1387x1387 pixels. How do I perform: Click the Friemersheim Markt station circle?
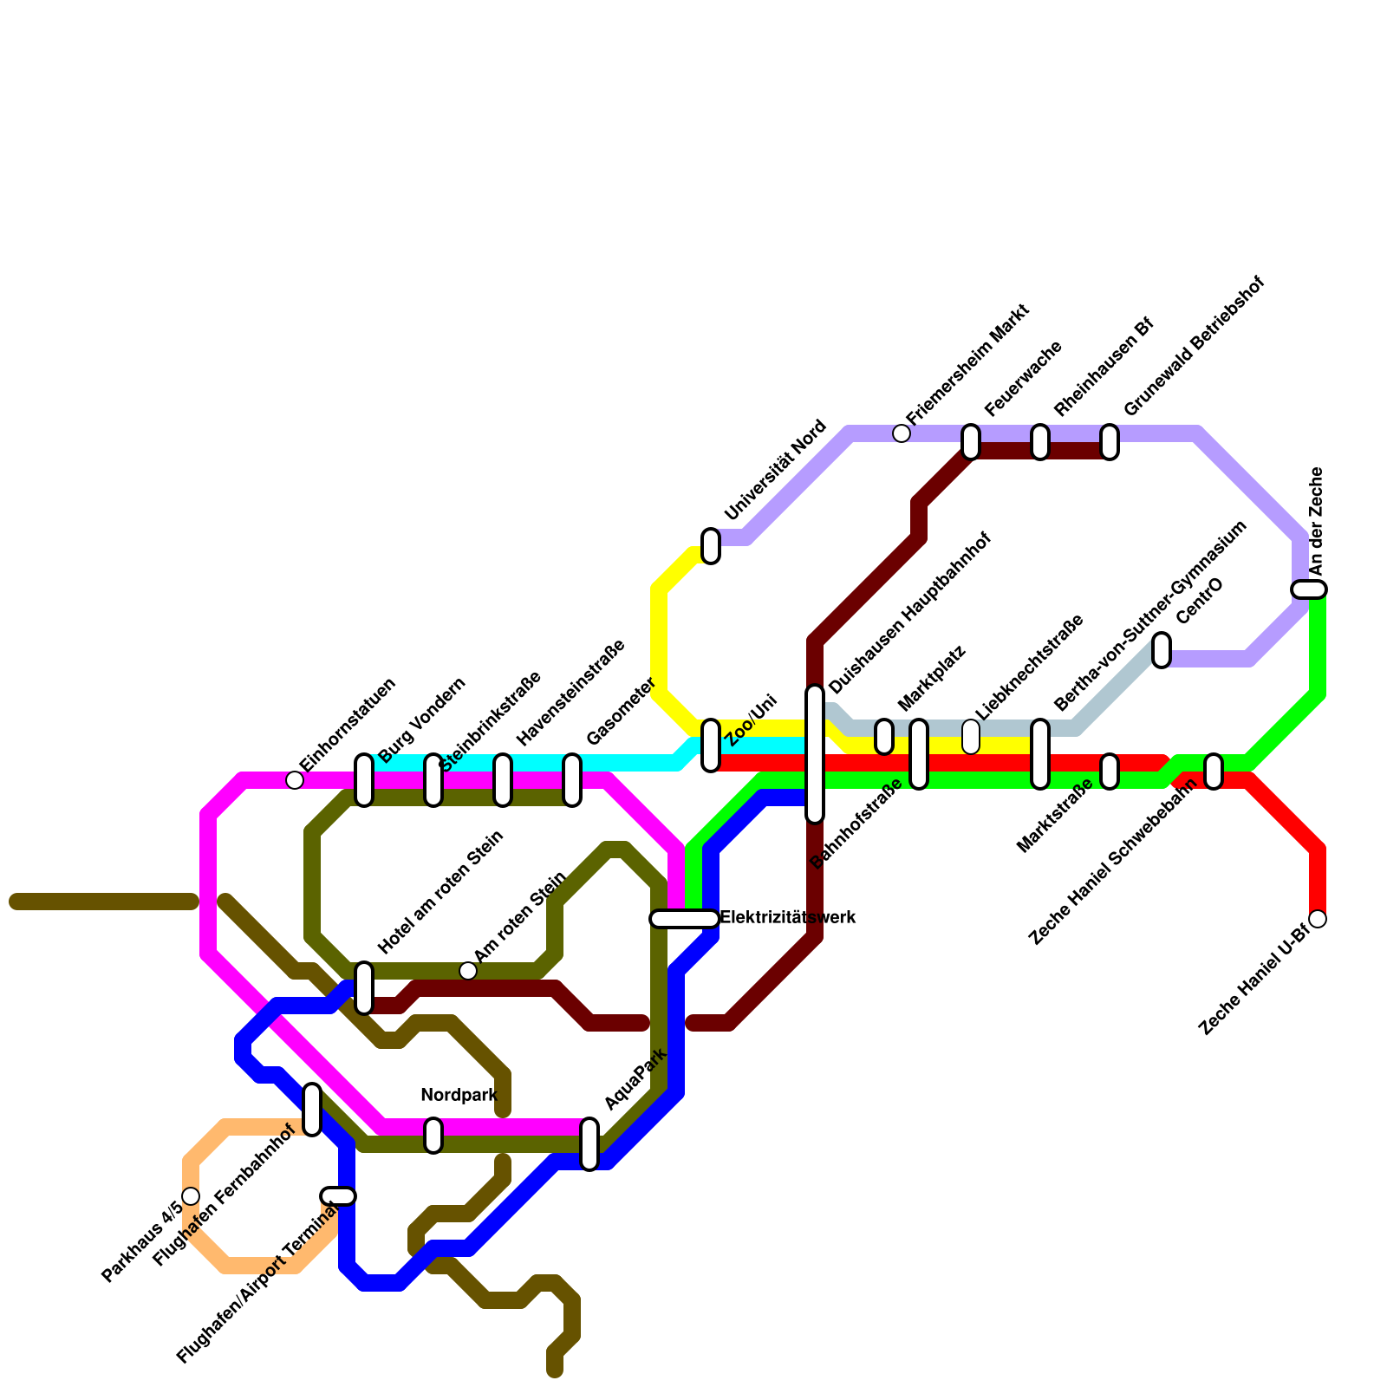[902, 433]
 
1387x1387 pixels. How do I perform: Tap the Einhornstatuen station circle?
[295, 780]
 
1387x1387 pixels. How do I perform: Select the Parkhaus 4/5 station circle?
[191, 1196]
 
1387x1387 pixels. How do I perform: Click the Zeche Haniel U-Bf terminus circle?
[1318, 919]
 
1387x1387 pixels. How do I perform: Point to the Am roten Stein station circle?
[468, 971]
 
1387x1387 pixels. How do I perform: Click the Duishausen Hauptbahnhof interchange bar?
[815, 754]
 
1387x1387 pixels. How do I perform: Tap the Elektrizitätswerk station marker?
[685, 919]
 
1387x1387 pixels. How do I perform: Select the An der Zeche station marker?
[1309, 589]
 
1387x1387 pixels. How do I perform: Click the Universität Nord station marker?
[711, 546]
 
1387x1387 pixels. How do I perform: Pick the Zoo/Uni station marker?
[711, 746]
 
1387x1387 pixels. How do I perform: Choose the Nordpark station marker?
[433, 1136]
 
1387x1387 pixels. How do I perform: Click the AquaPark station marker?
[589, 1144]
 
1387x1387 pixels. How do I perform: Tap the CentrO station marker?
[1162, 650]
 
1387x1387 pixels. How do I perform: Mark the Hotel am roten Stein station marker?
[364, 988]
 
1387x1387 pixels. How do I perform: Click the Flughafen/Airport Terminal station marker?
[338, 1196]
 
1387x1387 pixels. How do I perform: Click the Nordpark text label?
[459, 1096]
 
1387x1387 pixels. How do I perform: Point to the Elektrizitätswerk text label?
[788, 917]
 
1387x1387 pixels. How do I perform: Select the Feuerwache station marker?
[971, 442]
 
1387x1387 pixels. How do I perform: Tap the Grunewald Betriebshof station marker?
[1110, 442]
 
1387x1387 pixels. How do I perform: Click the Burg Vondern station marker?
[364, 780]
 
